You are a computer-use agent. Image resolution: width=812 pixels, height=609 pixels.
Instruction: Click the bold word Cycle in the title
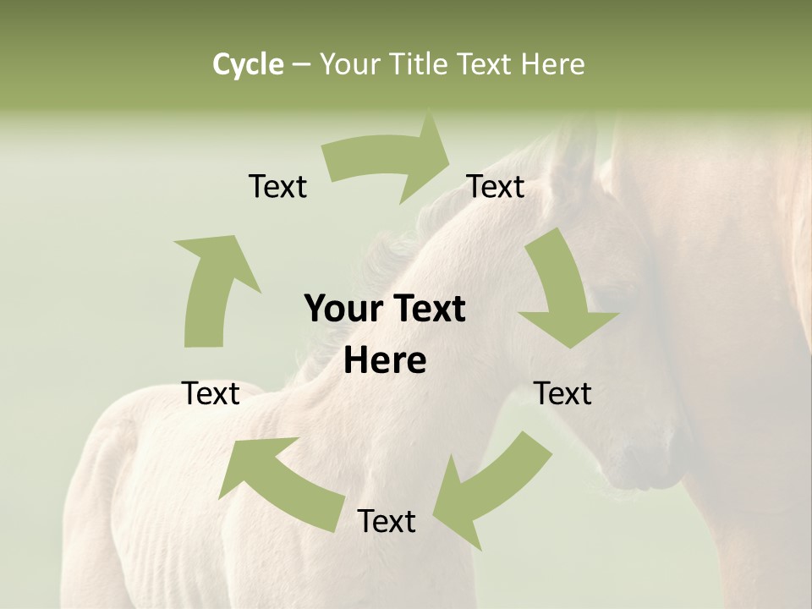tap(248, 64)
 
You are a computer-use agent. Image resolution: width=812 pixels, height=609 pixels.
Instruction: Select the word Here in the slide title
tap(552, 64)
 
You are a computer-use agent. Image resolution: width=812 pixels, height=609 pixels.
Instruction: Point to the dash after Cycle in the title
tap(301, 64)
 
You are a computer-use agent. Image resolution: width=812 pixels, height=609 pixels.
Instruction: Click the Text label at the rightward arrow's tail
tap(277, 186)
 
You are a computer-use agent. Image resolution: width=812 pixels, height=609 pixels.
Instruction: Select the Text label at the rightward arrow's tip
tap(496, 186)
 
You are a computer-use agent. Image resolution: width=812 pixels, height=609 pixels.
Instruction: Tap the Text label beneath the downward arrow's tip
tap(563, 393)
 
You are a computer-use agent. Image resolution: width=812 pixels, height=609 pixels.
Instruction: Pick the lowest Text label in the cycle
tap(387, 521)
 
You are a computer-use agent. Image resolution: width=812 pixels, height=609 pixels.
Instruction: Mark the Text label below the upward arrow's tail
tap(211, 393)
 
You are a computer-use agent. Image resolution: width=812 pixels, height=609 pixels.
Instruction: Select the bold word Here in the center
tap(385, 361)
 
